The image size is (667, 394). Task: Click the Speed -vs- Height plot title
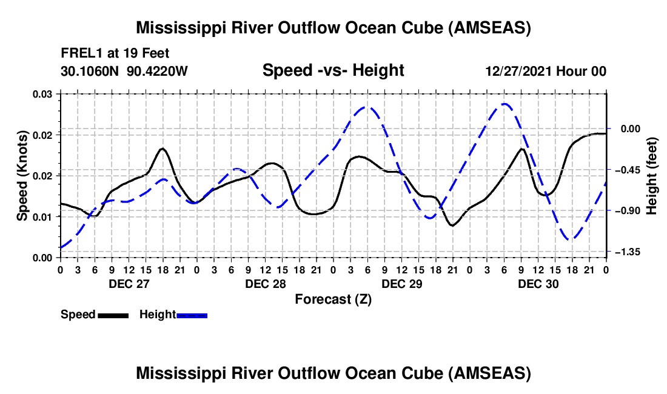333,70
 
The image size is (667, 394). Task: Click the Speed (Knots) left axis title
22,176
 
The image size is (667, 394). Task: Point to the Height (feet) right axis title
651,176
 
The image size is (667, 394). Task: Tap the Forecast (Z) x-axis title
333,299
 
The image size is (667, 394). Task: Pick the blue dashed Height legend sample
192,315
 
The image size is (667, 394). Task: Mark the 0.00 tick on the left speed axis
44,258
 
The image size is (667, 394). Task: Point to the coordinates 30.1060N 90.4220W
124,71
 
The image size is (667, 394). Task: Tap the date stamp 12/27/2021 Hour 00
546,71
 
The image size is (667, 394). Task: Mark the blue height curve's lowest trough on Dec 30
571,239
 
